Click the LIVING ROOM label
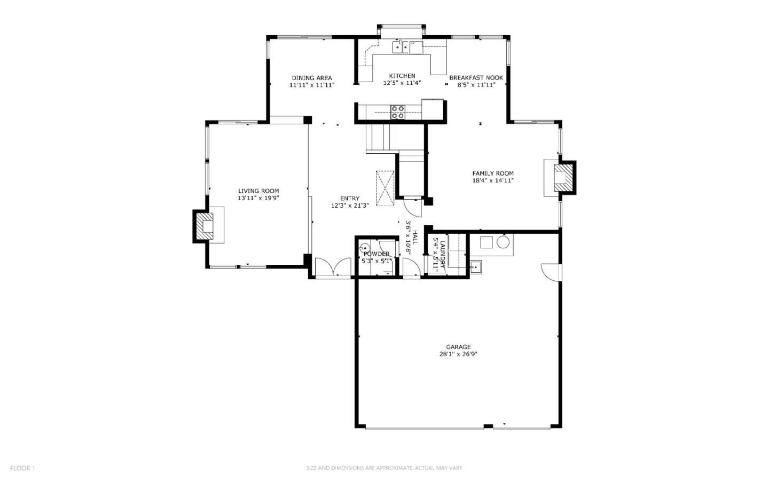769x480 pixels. tap(258, 191)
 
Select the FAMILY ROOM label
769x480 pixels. tap(492, 173)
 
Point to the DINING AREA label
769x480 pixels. tap(312, 78)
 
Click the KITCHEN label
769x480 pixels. tap(402, 76)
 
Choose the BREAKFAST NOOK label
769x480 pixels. tap(476, 77)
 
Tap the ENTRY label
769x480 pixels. tap(350, 199)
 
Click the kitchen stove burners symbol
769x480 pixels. tap(398, 112)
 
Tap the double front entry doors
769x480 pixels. tap(333, 267)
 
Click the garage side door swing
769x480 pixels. tap(550, 272)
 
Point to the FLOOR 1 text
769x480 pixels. tap(22, 468)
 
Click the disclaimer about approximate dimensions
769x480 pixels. tap(384, 468)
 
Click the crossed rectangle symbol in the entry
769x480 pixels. tap(384, 188)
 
